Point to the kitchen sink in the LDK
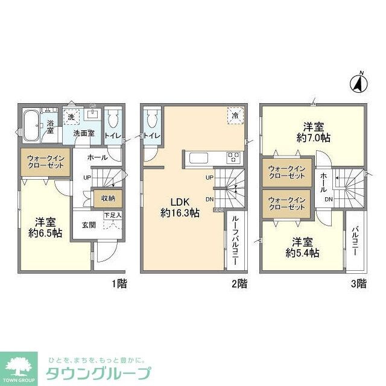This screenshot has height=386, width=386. (200, 158)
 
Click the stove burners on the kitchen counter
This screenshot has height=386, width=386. (233, 158)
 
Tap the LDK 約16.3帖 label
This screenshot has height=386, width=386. (181, 207)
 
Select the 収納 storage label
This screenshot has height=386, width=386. (107, 198)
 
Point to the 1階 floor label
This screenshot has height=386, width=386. (119, 283)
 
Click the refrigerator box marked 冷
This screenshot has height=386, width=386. (233, 114)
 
